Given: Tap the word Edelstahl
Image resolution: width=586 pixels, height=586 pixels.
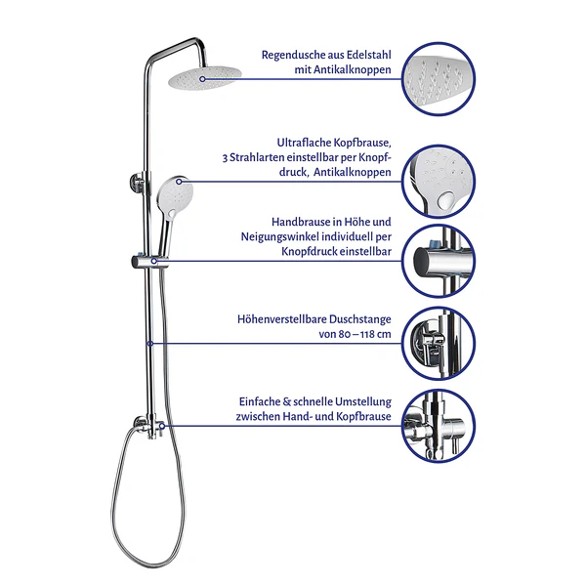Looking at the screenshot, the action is (x=368, y=55).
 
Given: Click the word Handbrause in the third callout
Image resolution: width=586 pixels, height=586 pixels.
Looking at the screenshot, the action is (x=301, y=222).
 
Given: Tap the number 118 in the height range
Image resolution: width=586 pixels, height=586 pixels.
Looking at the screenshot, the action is (x=366, y=334).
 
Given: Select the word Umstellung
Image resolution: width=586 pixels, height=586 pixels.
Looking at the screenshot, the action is (x=363, y=402).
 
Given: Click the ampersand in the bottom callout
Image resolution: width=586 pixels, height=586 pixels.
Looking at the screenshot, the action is (x=286, y=401).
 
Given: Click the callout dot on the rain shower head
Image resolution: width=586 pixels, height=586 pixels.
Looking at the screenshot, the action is (x=202, y=79).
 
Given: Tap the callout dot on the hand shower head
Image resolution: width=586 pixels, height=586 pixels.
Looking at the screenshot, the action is (x=179, y=182).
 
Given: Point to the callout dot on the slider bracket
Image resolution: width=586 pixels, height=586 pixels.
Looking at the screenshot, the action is (x=153, y=261).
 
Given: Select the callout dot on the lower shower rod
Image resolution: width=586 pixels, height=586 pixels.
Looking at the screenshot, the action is (x=150, y=344).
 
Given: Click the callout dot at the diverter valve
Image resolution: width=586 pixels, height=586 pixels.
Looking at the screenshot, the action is (x=162, y=426).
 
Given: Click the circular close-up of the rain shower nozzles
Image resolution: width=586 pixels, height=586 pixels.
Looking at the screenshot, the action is (x=438, y=79).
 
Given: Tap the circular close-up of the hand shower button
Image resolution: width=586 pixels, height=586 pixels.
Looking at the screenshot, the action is (x=438, y=182).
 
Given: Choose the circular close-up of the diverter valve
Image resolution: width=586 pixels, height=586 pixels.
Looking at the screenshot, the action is (x=438, y=426).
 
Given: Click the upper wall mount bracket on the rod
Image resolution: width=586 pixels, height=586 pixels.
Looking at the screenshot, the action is (x=137, y=184).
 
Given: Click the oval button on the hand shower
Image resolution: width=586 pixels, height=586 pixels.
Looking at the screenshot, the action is (x=172, y=213).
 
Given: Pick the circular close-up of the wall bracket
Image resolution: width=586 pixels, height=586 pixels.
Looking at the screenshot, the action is (x=438, y=344).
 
